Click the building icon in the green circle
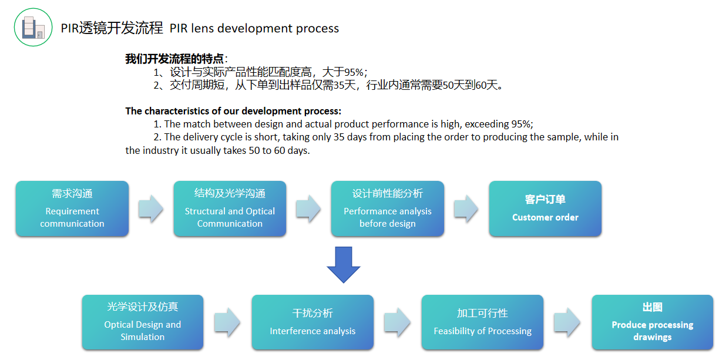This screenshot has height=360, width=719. point(33,27)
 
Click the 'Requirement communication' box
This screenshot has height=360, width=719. point(72,208)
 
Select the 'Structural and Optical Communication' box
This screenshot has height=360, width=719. point(230,208)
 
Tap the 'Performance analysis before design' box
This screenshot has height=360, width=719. point(388,208)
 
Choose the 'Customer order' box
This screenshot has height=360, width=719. point(545,208)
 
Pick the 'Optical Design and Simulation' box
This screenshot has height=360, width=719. point(143,322)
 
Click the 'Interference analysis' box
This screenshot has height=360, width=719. point(313,322)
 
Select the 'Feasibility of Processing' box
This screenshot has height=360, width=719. point(482,322)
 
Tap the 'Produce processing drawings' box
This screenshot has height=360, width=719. point(653,322)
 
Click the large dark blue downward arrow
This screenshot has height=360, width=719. point(344,265)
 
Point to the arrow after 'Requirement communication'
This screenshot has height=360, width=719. point(151,208)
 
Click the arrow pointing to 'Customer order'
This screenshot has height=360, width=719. point(466,208)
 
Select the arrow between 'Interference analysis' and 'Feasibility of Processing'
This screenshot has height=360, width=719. point(397,322)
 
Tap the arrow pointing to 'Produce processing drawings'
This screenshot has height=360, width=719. point(567,322)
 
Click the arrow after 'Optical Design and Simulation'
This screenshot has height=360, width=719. point(227,322)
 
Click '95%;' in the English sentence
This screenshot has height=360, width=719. point(522,124)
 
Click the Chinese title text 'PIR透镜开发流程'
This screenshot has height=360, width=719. point(112,28)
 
